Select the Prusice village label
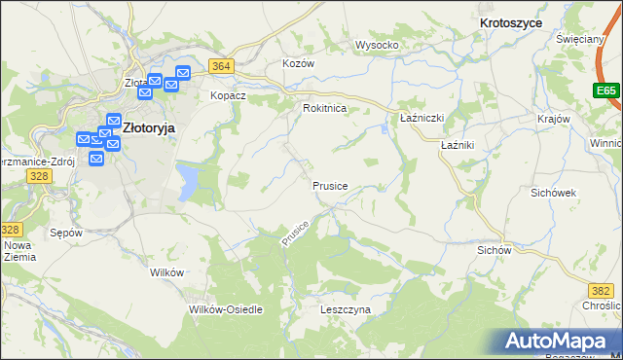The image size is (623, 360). tap(330, 185)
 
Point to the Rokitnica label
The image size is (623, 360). tap(325, 109)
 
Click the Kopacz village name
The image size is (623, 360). tap(230, 96)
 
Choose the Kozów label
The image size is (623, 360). tap(299, 62)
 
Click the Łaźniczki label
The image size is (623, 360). tap(422, 117)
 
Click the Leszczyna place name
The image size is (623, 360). tap(346, 309)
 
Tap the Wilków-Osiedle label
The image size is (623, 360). tap(226, 309)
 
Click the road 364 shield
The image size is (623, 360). tap(221, 66)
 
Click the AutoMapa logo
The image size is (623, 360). tap(561, 342)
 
